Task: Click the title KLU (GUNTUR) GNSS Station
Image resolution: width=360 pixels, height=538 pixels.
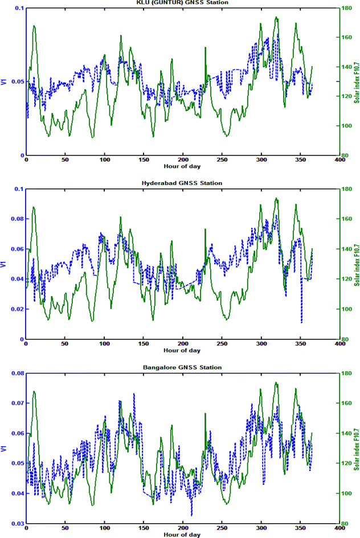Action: [182, 3]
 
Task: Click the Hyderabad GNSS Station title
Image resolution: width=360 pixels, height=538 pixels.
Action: [182, 183]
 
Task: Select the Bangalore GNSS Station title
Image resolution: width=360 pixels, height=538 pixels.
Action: [182, 367]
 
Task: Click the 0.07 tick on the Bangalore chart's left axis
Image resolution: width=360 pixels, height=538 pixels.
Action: [18, 403]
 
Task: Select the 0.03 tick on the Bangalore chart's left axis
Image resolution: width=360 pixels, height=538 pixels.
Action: [18, 523]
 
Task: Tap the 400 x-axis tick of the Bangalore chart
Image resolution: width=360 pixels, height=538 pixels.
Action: [340, 529]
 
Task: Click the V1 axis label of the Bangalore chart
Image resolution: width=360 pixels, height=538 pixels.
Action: [4, 448]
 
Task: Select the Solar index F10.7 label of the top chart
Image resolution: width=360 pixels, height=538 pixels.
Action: [357, 82]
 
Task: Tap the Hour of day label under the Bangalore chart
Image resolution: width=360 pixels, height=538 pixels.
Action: [182, 535]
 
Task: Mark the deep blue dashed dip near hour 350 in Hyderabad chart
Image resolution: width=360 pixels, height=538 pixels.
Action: [301, 322]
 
